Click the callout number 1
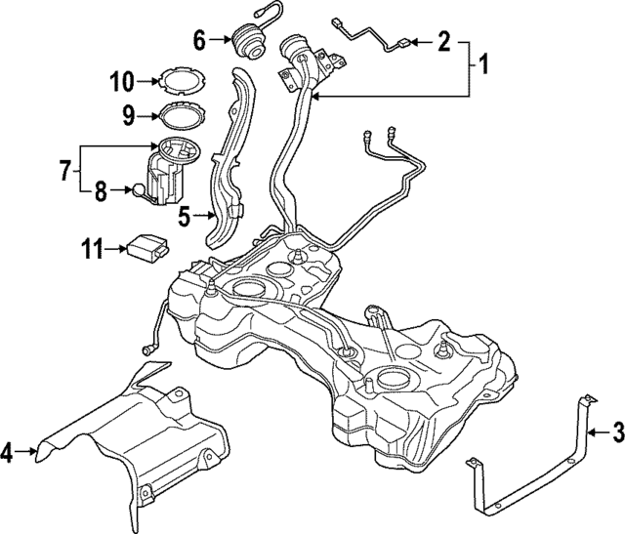[482, 66]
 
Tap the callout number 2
[443, 42]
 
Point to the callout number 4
[8, 452]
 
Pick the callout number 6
[199, 40]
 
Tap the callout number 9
[127, 114]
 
